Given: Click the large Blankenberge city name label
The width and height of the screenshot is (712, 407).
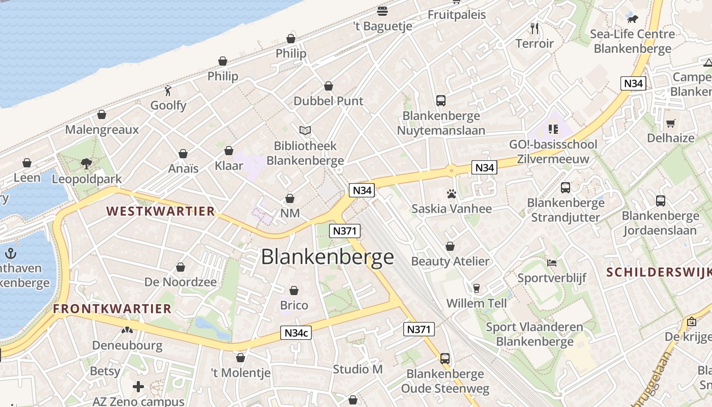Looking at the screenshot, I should click(328, 257).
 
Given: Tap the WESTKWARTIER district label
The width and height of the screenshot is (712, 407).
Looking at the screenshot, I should click(161, 211).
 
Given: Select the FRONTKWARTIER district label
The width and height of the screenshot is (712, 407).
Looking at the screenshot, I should click(112, 308).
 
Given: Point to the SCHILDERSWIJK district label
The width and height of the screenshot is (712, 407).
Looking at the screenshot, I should click(659, 272).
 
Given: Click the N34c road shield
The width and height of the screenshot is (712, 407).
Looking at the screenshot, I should click(296, 333).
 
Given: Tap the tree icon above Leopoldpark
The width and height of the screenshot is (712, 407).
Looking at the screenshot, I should click(86, 163).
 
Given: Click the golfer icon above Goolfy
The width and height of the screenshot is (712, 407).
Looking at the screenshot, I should click(168, 91).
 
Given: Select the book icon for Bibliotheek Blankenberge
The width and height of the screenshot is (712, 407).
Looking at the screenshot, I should click(305, 131).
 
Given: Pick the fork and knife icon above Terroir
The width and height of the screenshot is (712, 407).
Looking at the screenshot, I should click(534, 28).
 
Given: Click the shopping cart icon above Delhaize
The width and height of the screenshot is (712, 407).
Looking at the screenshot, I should click(671, 123).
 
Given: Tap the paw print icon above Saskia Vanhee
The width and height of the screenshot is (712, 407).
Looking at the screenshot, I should click(451, 194).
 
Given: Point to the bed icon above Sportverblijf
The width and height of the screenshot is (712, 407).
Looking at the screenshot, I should click(552, 263).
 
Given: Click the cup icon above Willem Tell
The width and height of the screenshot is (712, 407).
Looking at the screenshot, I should click(477, 288).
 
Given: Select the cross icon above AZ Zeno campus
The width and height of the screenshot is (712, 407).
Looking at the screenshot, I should click(138, 387).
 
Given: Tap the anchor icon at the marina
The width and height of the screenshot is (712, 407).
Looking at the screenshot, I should click(10, 253).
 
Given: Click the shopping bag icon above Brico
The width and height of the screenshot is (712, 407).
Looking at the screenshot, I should click(294, 290).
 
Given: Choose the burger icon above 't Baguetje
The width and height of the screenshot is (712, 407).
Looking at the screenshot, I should click(382, 11).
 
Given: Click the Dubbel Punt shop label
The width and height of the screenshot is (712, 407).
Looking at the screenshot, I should click(329, 101).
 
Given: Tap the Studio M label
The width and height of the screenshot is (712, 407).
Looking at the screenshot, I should click(358, 369).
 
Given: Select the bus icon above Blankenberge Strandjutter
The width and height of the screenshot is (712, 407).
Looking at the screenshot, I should click(566, 188).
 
